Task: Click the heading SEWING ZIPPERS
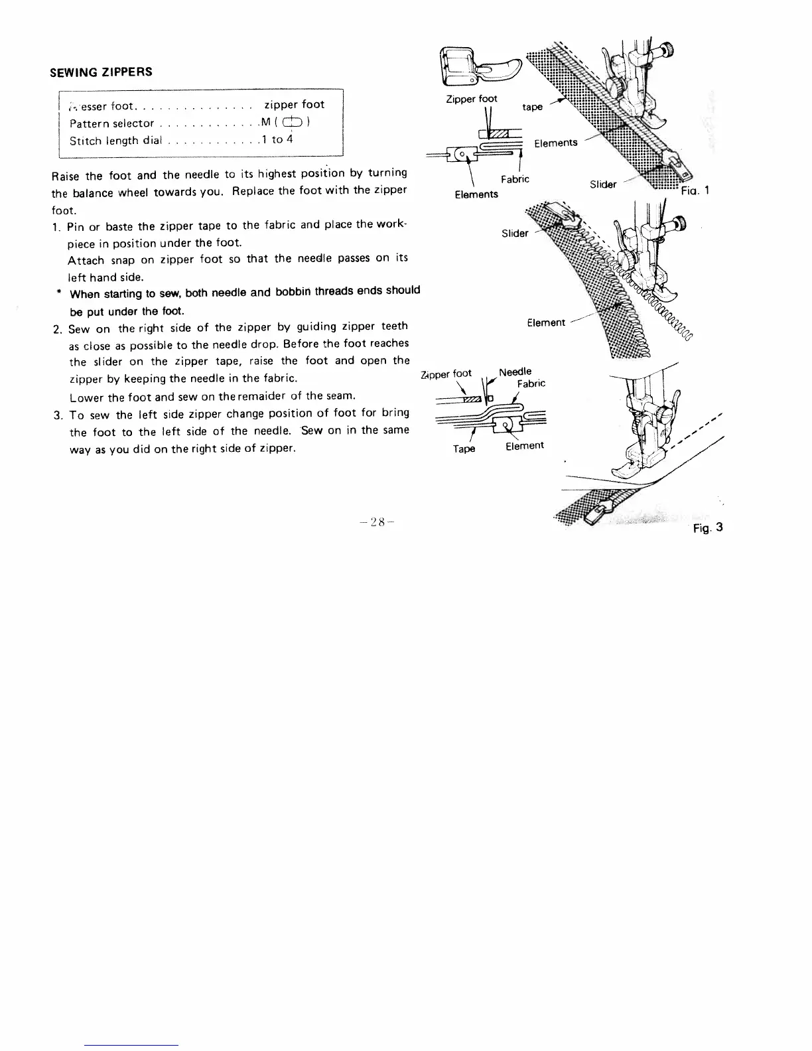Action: click(x=101, y=72)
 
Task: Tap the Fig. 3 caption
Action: click(x=707, y=528)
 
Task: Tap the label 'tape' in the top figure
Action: click(x=532, y=107)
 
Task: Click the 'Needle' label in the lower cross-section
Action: click(x=515, y=372)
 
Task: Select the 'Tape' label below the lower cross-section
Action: click(x=464, y=449)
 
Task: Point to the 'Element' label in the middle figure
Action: click(x=546, y=323)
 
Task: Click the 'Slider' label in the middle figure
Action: click(x=515, y=233)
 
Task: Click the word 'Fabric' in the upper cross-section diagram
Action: click(x=515, y=179)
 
